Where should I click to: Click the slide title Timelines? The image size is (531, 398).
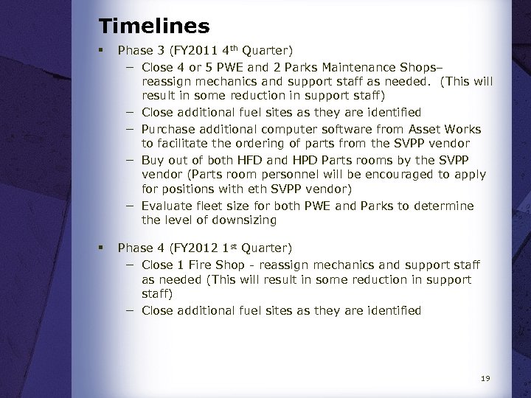coord(154,27)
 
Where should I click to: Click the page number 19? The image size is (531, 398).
coord(485,379)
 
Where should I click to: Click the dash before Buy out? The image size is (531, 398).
coord(129,160)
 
